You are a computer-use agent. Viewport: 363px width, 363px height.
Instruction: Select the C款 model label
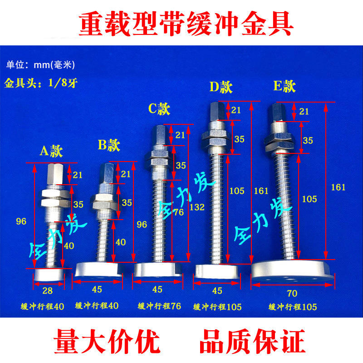pos(159,108)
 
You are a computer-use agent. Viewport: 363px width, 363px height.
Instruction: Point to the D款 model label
pos(221,86)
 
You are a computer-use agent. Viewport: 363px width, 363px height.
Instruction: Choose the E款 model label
pos(285,86)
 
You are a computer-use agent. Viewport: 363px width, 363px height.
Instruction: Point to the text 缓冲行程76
pos(159,306)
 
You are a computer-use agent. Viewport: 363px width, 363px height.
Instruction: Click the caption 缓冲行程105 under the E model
pos(293,307)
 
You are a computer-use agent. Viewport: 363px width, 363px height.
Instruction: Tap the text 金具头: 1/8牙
pos(35,84)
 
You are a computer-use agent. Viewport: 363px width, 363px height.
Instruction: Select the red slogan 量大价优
pos(107,341)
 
